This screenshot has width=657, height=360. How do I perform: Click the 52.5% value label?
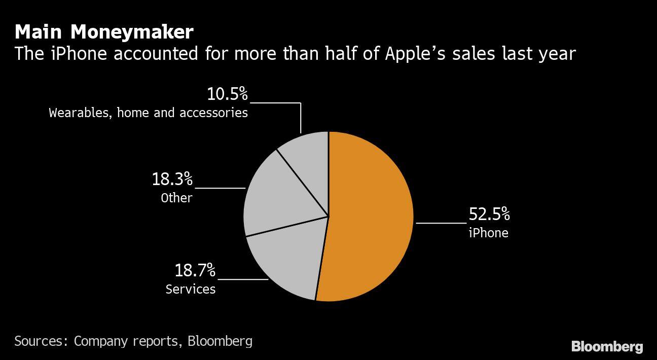pyautogui.click(x=489, y=214)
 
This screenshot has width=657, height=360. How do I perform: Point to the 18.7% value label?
pyautogui.click(x=195, y=270)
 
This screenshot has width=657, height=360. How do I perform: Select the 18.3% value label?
pyautogui.click(x=172, y=178)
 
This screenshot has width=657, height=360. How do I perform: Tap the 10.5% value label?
pyautogui.click(x=227, y=94)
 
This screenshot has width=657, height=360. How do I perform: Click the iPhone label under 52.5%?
pyautogui.click(x=488, y=233)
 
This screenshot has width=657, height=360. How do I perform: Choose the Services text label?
pyautogui.click(x=191, y=289)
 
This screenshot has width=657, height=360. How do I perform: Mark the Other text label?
pyautogui.click(x=177, y=198)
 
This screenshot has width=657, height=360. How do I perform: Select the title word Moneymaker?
pyautogui.click(x=132, y=32)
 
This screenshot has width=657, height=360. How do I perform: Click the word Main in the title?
pyautogui.click(x=39, y=32)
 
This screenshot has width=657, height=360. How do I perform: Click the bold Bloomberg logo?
pyautogui.click(x=607, y=347)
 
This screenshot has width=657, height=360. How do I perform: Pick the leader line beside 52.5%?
pyautogui.click(x=441, y=222)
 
